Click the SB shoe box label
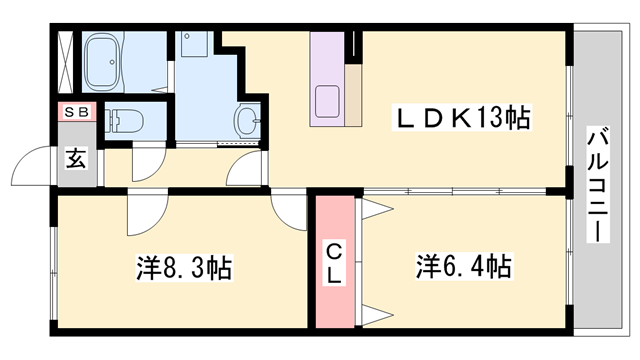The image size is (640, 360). (x=76, y=113)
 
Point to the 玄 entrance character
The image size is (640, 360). (x=77, y=157)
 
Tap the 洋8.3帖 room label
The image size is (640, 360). (x=184, y=267)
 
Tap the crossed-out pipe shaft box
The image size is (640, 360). (x=64, y=61)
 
